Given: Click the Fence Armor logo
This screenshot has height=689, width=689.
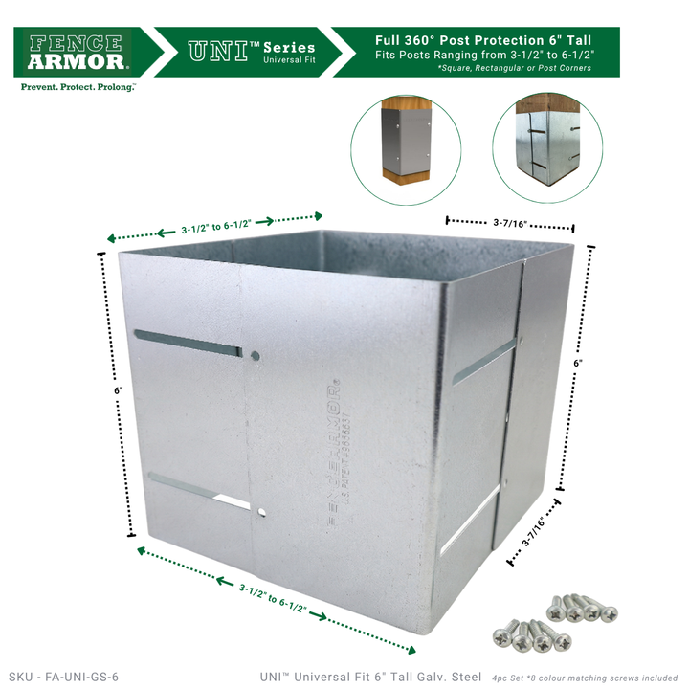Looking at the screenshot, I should point(80,52).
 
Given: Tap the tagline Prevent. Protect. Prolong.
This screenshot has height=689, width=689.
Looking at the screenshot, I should point(78,86).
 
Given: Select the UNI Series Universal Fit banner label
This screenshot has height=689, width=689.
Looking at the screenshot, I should point(252,52).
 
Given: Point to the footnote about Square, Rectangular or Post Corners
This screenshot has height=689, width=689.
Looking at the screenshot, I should point(514,68).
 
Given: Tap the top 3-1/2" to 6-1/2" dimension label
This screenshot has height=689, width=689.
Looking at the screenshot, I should point(216,229).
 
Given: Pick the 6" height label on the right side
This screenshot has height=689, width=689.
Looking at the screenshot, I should point(578,364).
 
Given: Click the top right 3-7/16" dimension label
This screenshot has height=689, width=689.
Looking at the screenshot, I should point(511,223).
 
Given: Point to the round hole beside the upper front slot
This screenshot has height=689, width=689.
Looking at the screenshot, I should point(255,356).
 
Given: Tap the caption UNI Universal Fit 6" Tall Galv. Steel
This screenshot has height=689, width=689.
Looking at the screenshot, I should point(370,677).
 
